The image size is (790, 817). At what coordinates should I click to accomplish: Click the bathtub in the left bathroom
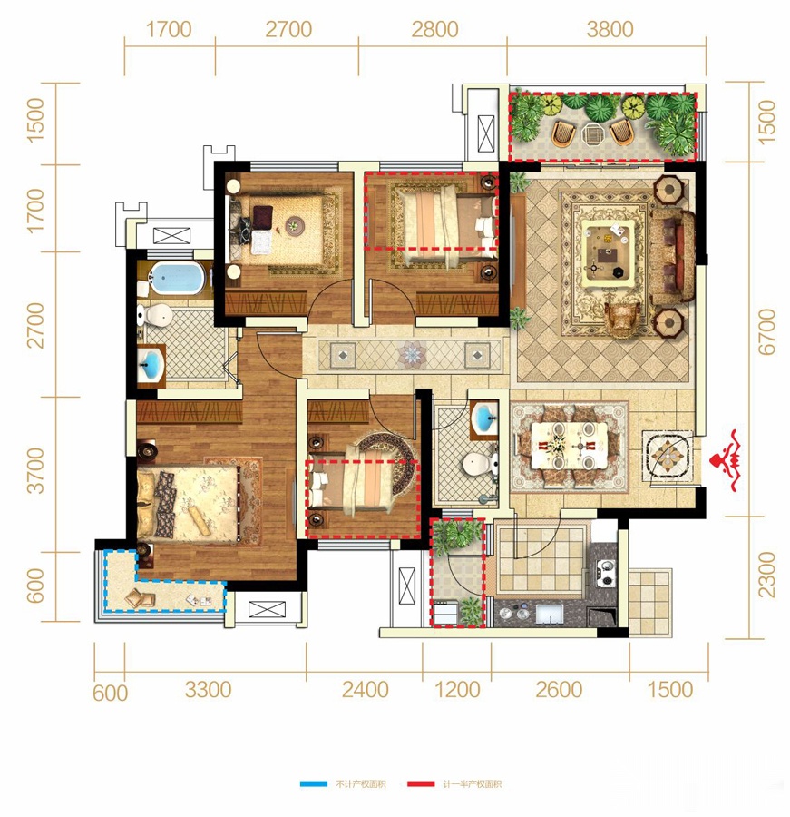point(176,278)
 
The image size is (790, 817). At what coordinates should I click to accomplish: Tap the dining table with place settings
point(570,446)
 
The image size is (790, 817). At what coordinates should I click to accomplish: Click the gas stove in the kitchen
point(606,572)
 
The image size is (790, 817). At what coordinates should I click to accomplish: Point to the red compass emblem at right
point(728,460)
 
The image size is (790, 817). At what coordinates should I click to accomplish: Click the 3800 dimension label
point(610,29)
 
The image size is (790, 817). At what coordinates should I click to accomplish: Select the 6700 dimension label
point(766,331)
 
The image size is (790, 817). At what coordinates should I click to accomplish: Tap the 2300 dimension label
point(766,576)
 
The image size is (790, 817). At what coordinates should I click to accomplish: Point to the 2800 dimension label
point(434,29)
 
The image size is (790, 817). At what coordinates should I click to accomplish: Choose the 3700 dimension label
point(35,470)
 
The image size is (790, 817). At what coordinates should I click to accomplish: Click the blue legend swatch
point(314,783)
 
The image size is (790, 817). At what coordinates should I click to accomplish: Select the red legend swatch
point(420,783)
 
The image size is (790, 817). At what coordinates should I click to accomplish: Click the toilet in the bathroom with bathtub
point(155,315)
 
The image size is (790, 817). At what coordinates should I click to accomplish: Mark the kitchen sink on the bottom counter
point(550,614)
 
